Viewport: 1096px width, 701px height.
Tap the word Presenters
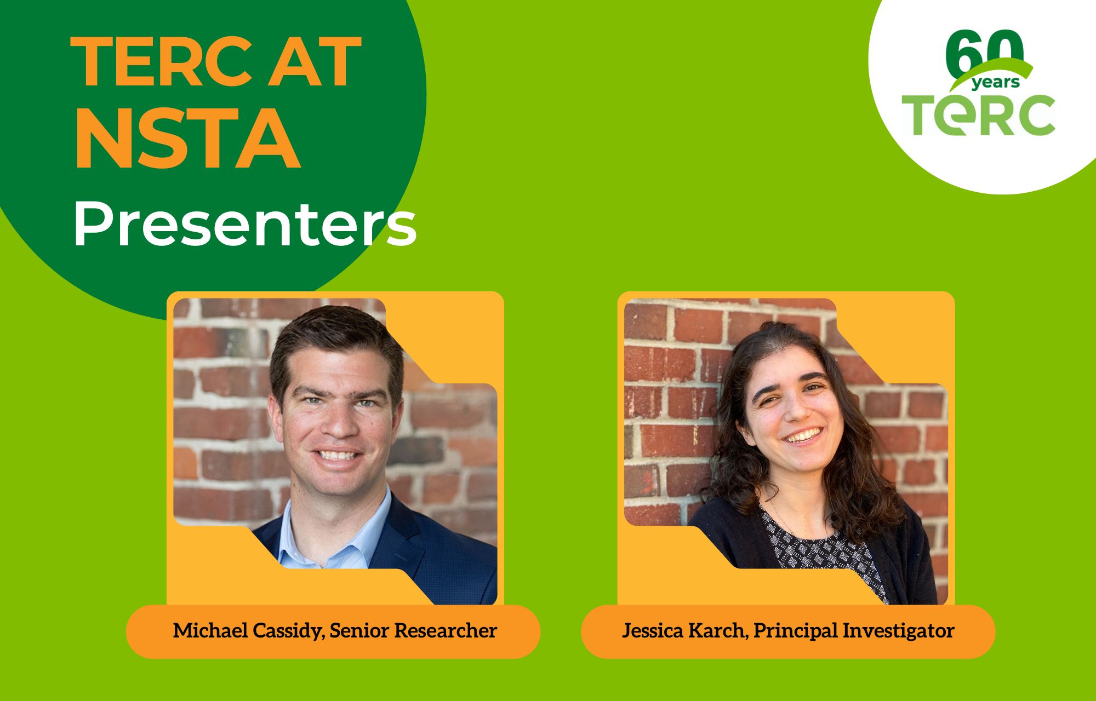(x=245, y=225)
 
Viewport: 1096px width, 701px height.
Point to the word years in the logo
(x=995, y=83)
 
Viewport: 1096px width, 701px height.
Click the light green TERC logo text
(x=979, y=115)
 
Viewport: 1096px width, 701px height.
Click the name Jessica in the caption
(x=652, y=631)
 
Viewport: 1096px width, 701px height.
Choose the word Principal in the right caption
(x=795, y=631)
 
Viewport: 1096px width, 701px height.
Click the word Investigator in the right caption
(x=898, y=631)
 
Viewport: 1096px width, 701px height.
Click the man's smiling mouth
(x=337, y=455)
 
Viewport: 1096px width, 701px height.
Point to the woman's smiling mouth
(x=804, y=436)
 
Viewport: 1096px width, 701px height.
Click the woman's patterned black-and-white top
(x=822, y=553)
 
